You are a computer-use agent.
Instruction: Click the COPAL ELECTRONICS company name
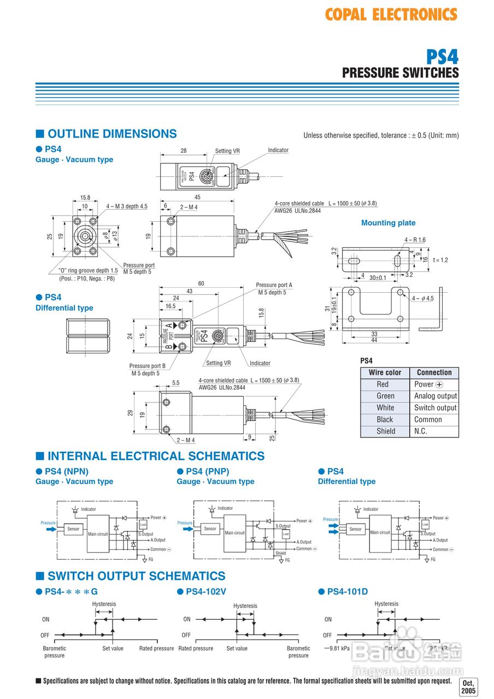pos(391,15)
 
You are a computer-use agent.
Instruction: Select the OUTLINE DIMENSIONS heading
pos(112,134)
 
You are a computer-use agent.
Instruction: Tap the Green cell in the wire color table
pos(385,396)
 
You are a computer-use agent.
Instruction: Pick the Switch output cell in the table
pos(435,408)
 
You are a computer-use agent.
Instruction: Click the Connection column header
pos(434,372)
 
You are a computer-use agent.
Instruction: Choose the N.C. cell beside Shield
pos(421,431)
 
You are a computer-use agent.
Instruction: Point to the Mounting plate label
pos(388,223)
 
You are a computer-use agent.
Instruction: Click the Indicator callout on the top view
pos(278,150)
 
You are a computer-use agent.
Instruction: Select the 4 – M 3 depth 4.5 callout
pos(127,206)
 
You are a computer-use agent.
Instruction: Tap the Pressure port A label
pos(274,285)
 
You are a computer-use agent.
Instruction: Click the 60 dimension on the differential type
pos(201,283)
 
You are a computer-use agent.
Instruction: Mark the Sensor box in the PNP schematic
pos(210,529)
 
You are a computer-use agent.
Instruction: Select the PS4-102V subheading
pos(207,591)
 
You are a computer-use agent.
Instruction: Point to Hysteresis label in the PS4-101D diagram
pos(386,604)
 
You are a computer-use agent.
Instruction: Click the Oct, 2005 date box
pos(468,687)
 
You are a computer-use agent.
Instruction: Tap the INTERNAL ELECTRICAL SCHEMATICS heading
pos(156,457)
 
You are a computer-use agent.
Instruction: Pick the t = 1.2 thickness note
pos(440,260)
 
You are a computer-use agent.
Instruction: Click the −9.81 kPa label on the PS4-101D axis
pos(336,648)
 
